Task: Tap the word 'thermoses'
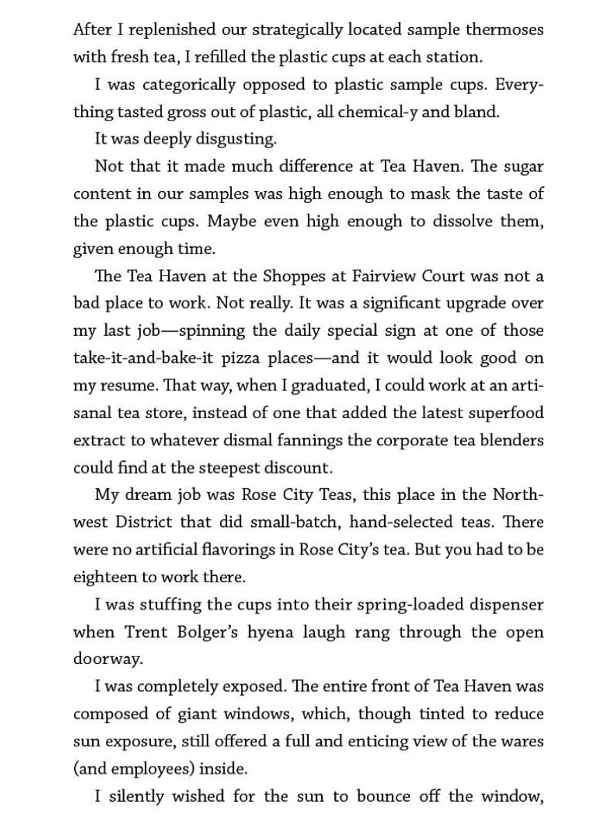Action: click(505, 30)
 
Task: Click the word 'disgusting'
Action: click(237, 139)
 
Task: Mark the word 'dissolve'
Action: click(463, 222)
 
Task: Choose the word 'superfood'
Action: click(508, 413)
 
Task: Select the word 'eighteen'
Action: click(101, 577)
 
